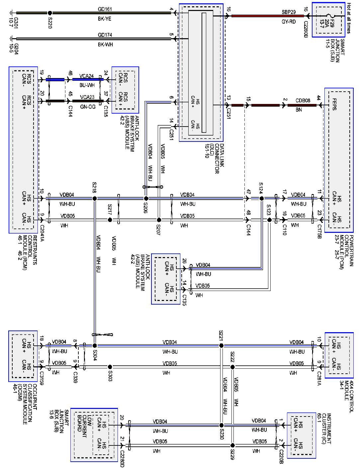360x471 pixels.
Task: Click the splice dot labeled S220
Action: click(x=50, y=13)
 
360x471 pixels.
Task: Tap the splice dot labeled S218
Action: click(x=94, y=199)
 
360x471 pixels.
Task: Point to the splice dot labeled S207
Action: click(x=159, y=220)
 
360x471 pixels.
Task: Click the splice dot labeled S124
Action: click(x=261, y=199)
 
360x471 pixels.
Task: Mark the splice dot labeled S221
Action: click(x=221, y=345)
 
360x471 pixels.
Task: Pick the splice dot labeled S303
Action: click(x=110, y=367)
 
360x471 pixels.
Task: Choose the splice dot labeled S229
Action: click(x=232, y=445)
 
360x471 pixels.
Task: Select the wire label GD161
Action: click(x=105, y=9)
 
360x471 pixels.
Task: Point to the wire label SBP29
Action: click(x=289, y=12)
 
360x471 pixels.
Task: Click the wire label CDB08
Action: click(x=303, y=100)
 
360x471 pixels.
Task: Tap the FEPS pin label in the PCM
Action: click(x=334, y=104)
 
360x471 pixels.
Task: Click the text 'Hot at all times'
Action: click(x=349, y=18)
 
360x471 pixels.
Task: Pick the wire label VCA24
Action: click(x=87, y=76)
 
